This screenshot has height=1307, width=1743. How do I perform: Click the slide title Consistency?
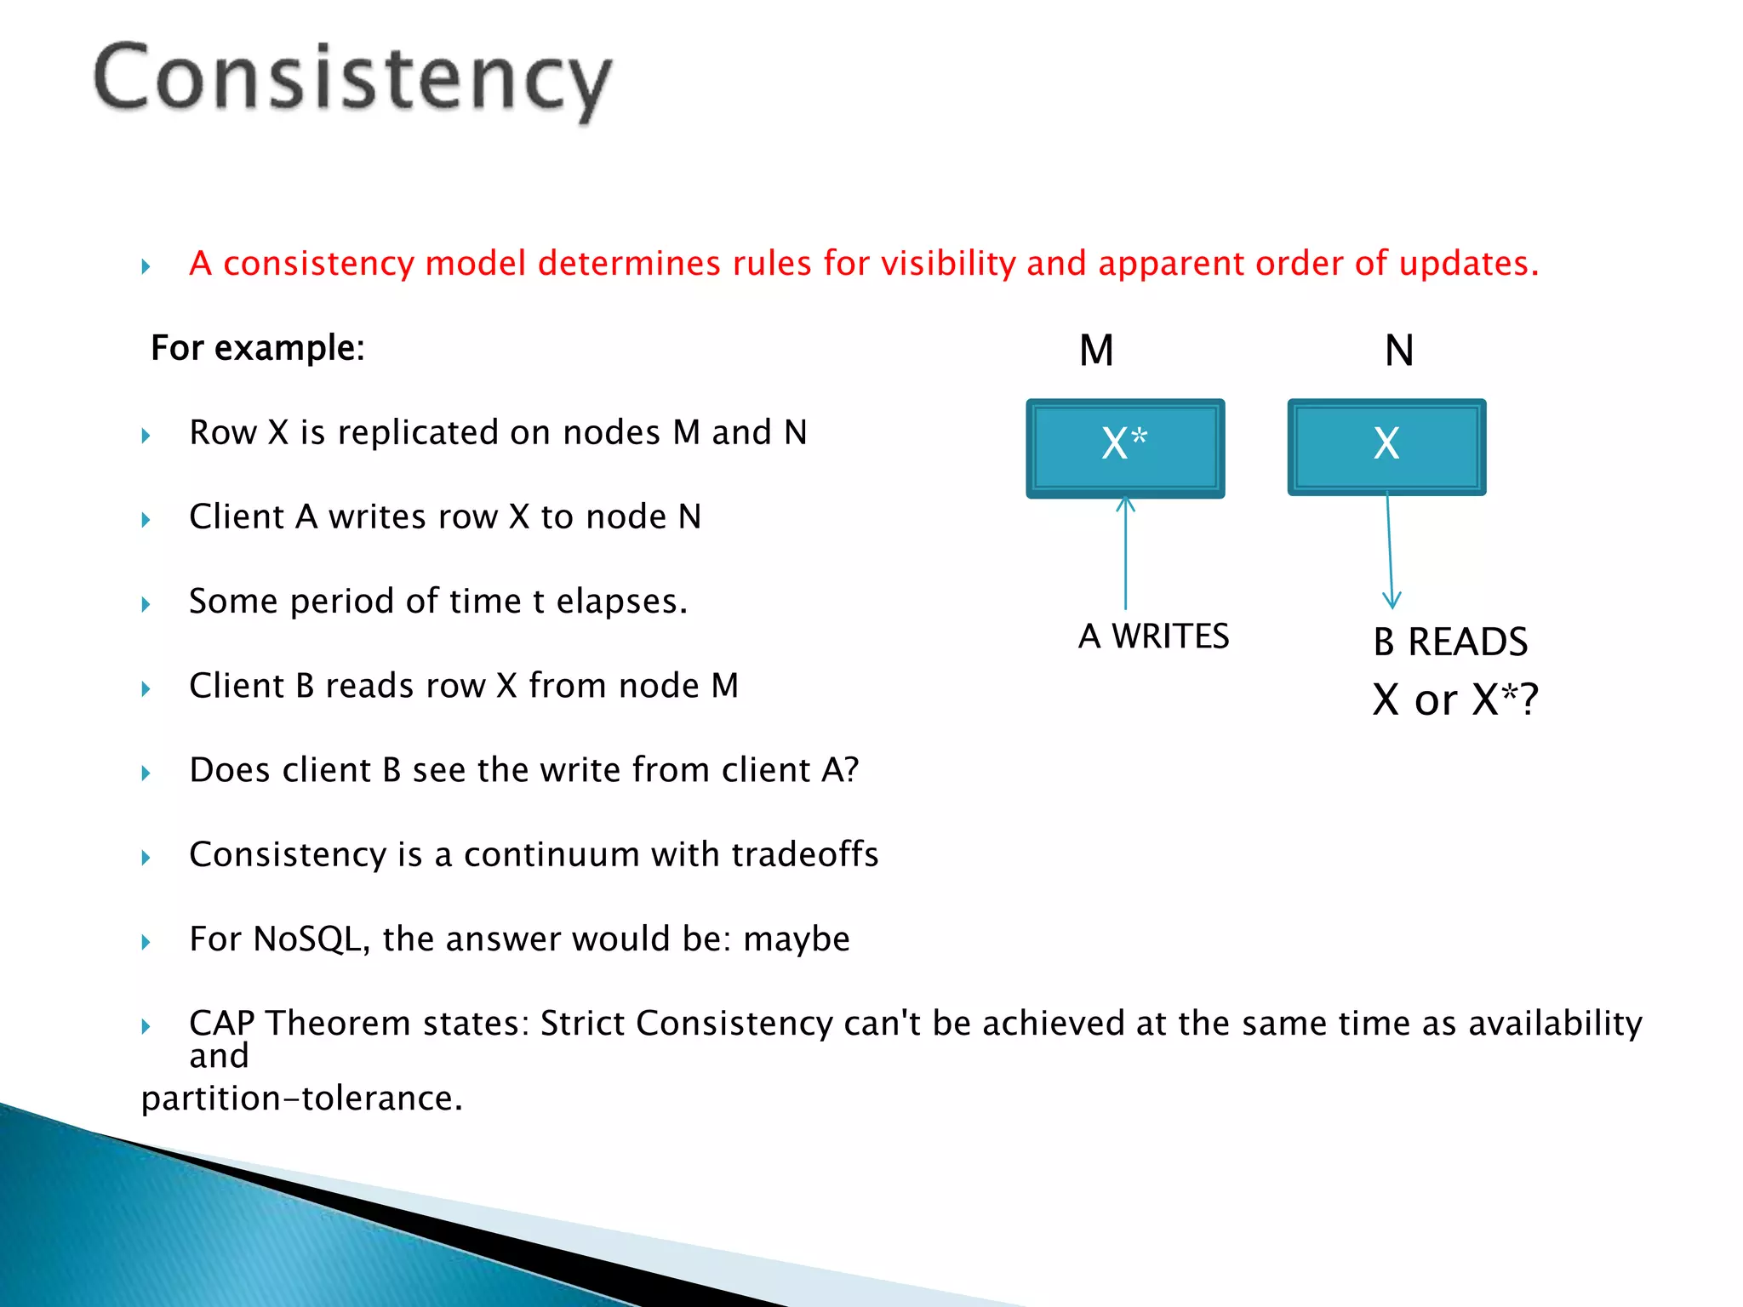[352, 80]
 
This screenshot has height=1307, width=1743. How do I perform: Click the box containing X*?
[1125, 448]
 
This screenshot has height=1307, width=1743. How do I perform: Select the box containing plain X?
[1386, 447]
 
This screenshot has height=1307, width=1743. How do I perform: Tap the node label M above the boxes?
[1096, 351]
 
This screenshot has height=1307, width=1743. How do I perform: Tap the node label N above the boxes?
[1399, 351]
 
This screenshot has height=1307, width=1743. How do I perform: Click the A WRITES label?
[1153, 636]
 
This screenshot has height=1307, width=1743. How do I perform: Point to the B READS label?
[1450, 642]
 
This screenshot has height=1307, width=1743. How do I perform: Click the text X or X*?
[1454, 700]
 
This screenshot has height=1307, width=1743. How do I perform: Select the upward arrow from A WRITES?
[1126, 553]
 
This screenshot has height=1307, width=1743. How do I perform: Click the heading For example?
[258, 348]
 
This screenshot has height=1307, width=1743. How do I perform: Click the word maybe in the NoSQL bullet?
[796, 939]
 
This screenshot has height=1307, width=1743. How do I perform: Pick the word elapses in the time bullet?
[621, 602]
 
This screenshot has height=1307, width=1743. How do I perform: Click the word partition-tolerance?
[301, 1099]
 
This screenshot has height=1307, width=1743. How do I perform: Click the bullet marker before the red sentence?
[146, 266]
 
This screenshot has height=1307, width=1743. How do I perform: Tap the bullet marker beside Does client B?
[146, 773]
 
